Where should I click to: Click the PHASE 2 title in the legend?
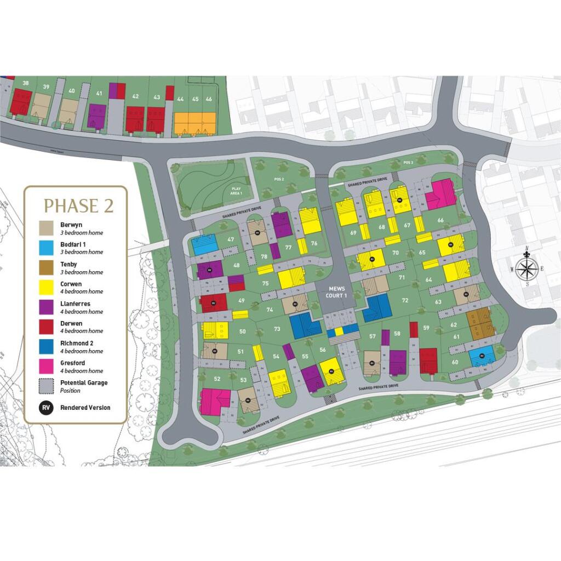click(78, 205)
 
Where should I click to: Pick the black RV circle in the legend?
click(46, 408)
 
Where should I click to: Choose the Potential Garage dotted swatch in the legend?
click(46, 386)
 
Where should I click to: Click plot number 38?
click(25, 83)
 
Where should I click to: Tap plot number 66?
click(440, 220)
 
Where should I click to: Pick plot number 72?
click(405, 300)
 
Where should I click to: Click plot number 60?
click(455, 362)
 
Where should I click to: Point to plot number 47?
click(231, 239)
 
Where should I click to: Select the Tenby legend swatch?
click(46, 267)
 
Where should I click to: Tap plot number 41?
click(99, 94)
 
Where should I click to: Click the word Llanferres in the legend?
click(76, 304)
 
